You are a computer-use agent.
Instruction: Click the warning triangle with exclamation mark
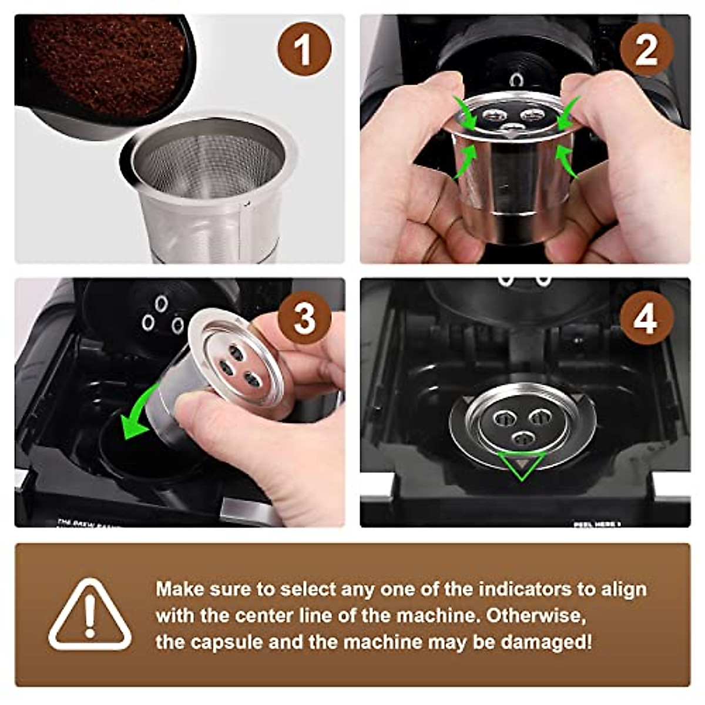click(x=89, y=616)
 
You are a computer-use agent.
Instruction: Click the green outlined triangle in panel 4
click(x=521, y=466)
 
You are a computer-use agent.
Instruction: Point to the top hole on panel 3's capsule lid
click(x=236, y=352)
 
